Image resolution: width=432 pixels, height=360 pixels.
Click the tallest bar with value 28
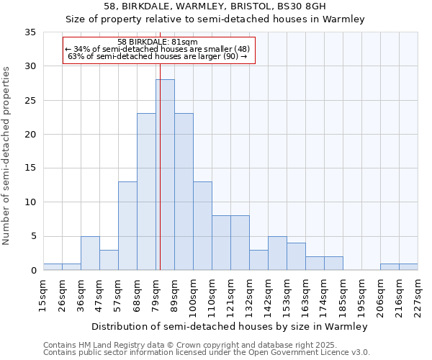[165, 175]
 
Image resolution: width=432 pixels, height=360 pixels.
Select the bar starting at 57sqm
[127, 226]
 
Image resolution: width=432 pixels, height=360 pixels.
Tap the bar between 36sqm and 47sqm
[90, 253]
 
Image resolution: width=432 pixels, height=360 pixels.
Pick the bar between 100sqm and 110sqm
[202, 226]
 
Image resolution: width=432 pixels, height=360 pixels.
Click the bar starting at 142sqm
[277, 253]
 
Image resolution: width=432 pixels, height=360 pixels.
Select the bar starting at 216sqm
[408, 267]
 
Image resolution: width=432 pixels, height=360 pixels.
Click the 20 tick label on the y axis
[30, 135]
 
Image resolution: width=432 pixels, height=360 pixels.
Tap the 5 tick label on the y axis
[33, 237]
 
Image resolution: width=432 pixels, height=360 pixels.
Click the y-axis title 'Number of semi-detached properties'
[7, 156]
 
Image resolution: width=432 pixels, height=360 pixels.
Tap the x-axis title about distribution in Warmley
[230, 327]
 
